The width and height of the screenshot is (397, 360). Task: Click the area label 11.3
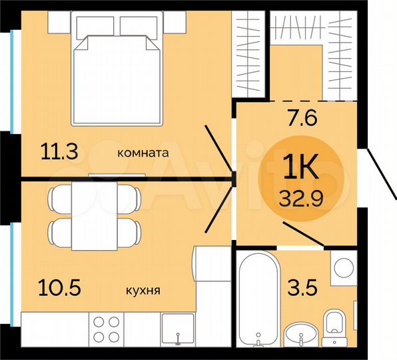click(x=60, y=152)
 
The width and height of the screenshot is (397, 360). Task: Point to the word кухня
click(x=142, y=291)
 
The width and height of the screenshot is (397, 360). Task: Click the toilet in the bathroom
click(x=335, y=327)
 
